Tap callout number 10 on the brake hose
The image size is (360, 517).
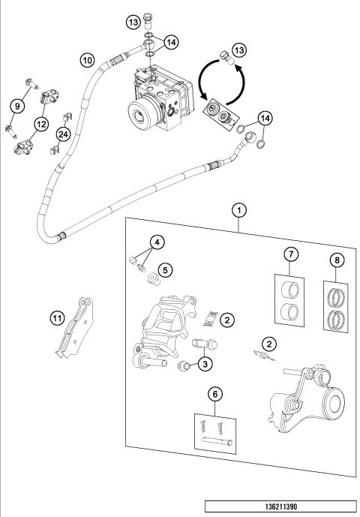pos(88,58)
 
